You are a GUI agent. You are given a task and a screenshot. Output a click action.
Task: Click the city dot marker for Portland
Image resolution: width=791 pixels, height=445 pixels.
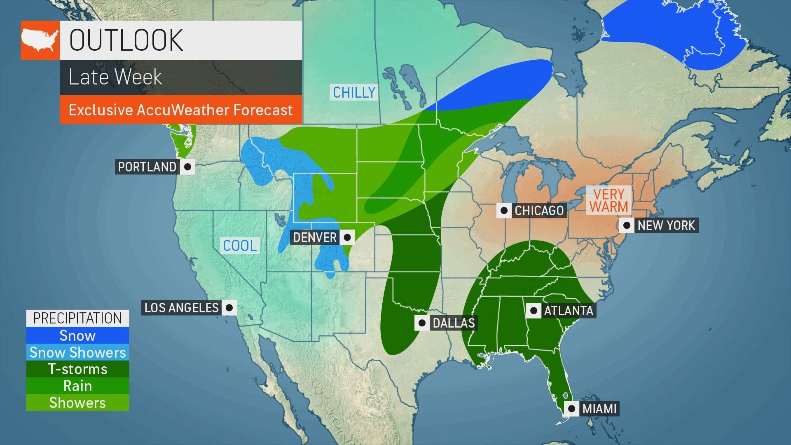tap(187, 167)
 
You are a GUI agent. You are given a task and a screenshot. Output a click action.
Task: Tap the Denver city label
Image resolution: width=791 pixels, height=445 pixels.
tap(315, 237)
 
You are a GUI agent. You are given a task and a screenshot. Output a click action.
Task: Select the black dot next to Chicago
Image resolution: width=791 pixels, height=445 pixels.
tap(503, 211)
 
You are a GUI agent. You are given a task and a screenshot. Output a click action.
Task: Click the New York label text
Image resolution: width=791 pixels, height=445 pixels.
tap(666, 225)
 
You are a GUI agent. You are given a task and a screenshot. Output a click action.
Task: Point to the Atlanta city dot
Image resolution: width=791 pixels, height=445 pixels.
tap(534, 310)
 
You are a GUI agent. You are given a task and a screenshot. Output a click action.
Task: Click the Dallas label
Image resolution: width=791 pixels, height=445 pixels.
tap(453, 323)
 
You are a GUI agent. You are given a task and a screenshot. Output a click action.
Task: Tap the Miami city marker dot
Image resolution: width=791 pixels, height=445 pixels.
tap(571, 409)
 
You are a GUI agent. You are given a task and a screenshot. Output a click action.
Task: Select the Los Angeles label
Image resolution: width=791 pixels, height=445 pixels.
tap(181, 307)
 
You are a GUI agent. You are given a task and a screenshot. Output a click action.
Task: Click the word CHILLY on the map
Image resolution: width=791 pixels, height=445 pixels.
tap(354, 92)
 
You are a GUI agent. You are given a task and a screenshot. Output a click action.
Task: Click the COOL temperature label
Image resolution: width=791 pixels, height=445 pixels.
tap(240, 246)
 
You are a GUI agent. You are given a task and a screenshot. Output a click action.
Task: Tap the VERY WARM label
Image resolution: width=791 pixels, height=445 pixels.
tap(608, 200)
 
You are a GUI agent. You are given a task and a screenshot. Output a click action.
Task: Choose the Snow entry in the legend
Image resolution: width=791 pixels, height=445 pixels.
tap(77, 335)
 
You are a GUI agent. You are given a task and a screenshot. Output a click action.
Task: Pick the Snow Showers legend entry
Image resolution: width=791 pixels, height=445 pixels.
tap(77, 352)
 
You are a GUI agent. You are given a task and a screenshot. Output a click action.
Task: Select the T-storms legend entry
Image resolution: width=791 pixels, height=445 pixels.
tap(77, 369)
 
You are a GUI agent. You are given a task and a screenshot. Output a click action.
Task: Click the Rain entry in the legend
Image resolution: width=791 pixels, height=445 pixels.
tap(77, 386)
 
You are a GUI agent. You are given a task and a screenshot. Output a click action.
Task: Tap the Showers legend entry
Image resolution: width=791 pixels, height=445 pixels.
tap(77, 403)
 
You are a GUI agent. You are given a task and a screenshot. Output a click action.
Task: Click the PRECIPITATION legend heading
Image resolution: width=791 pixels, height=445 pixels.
tap(77, 318)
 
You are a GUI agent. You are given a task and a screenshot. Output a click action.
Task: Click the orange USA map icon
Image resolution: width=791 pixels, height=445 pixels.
tap(40, 40)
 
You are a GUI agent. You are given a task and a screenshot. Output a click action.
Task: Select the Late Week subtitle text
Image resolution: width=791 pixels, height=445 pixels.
tap(115, 77)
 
